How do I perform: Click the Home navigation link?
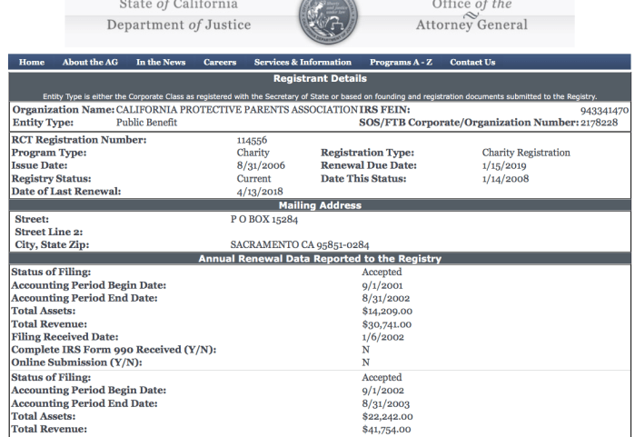click(x=32, y=63)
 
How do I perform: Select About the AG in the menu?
click(x=90, y=63)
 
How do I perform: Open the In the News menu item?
click(x=161, y=63)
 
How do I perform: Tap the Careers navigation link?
click(x=220, y=63)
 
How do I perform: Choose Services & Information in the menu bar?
click(x=303, y=63)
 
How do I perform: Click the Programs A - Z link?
click(x=401, y=63)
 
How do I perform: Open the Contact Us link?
click(x=472, y=63)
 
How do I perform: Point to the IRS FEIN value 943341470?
click(x=604, y=110)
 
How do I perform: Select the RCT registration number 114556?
click(x=252, y=141)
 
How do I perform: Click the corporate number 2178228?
click(x=599, y=123)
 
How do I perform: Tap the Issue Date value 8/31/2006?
click(x=256, y=166)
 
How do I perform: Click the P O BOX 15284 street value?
click(x=264, y=219)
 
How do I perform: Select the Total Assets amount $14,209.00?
click(x=387, y=311)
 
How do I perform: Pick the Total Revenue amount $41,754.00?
click(x=387, y=430)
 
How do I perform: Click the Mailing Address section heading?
click(x=320, y=205)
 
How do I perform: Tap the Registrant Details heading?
click(x=320, y=80)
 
